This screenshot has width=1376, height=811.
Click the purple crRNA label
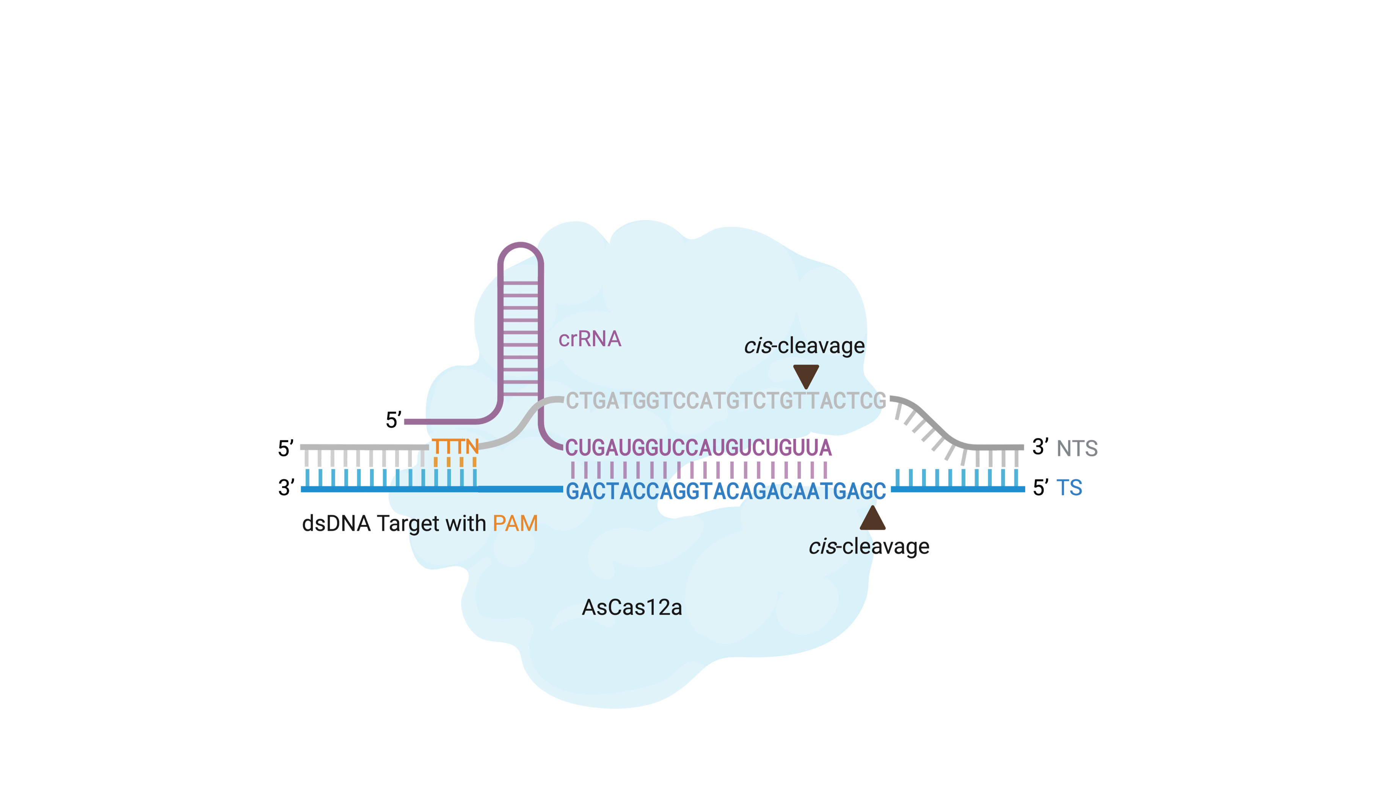pos(589,339)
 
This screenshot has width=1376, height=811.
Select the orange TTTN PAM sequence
pos(455,447)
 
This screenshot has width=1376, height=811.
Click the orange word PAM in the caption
pos(515,524)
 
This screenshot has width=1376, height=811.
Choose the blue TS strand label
pos(1069,488)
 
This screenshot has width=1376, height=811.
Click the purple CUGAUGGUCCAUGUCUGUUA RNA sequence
pos(698,447)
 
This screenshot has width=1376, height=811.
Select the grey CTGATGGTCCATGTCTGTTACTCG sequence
pos(726,401)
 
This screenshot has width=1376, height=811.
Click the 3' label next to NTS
pos(1040,447)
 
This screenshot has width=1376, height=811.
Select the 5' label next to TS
pos(1040,488)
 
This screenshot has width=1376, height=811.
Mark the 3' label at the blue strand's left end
pos(286,488)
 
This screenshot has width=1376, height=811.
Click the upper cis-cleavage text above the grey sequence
pos(804,346)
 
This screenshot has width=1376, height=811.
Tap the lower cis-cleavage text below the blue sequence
pos(869,546)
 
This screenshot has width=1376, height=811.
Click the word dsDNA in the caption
pos(336,524)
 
